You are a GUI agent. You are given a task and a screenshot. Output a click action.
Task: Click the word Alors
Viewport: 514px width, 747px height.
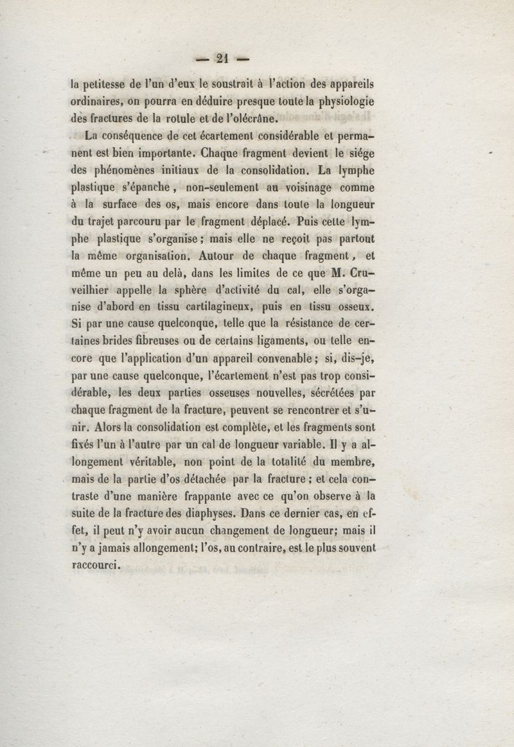pos(112,426)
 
